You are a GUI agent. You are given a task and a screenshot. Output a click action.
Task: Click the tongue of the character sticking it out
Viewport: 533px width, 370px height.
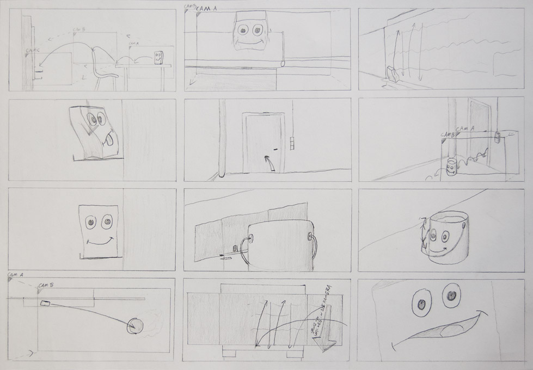click(x=109, y=141)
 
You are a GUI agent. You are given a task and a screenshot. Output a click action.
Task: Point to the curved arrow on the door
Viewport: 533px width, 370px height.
click(x=267, y=162)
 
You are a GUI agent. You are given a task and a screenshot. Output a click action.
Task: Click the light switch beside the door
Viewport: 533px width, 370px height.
click(x=295, y=143)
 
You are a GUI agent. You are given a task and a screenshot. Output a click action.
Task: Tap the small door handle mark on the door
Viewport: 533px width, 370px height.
click(x=275, y=149)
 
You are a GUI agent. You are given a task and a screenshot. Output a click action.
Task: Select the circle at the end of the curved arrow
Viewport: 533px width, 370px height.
click(x=134, y=326)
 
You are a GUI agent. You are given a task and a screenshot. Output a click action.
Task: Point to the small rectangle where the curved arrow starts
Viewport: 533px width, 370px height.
click(x=45, y=303)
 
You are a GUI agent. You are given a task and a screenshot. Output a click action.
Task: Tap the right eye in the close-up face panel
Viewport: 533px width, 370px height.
click(x=451, y=295)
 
